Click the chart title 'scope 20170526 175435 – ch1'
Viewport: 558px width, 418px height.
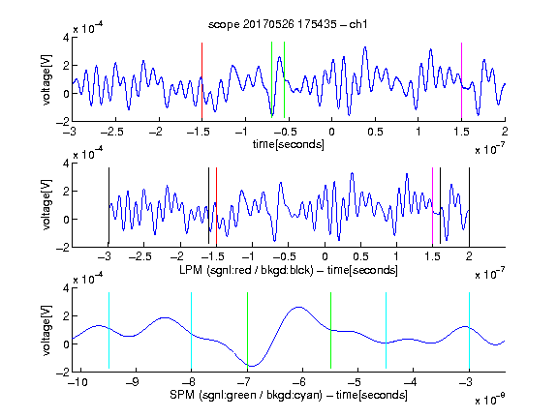coord(288,24)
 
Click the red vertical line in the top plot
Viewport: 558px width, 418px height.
coord(201,80)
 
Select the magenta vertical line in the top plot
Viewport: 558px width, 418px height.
coord(461,80)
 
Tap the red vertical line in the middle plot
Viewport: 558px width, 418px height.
coord(216,206)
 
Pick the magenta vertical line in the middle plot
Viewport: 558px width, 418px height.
coord(432,206)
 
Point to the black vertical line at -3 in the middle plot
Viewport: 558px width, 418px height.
coord(108,206)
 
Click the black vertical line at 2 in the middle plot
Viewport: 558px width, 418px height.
coord(469,206)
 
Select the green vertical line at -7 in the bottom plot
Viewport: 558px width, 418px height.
coord(247,330)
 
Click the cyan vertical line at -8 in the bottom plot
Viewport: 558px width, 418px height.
coord(191,330)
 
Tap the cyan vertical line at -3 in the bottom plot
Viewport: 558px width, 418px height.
coord(469,330)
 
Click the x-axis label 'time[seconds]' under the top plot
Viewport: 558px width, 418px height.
coord(289,144)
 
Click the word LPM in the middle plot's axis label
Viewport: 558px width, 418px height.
coord(191,270)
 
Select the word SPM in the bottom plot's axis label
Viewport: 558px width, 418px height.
coord(182,395)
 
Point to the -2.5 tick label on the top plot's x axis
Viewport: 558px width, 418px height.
coord(112,132)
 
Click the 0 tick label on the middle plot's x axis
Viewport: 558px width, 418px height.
coord(325,256)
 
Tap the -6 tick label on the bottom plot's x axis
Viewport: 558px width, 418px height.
coord(298,382)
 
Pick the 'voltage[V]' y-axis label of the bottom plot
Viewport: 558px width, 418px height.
coord(46,330)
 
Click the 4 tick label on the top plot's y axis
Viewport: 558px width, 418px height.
coord(66,38)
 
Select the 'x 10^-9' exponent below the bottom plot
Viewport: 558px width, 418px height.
coord(490,399)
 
